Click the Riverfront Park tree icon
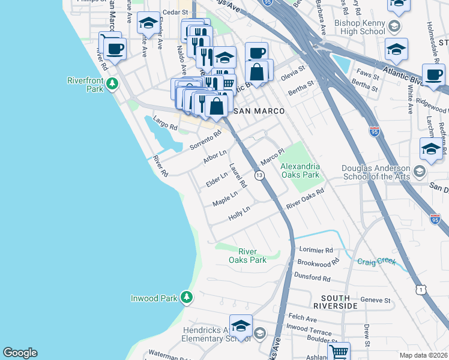(112, 86)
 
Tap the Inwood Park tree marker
(187, 297)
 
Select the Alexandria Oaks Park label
(300, 171)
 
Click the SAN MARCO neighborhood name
(258, 111)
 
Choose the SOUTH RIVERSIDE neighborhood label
(339, 302)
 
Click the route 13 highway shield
(259, 175)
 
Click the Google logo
(20, 353)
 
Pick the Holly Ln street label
(238, 213)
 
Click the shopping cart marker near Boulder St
(339, 352)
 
